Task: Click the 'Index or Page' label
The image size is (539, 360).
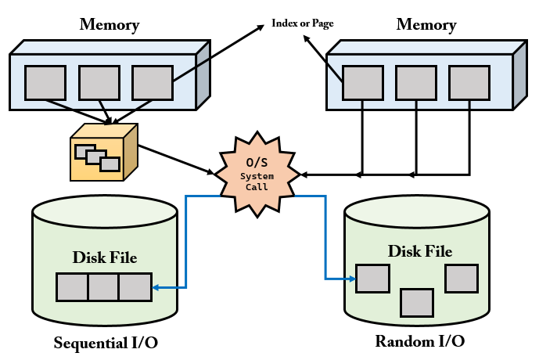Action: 303,23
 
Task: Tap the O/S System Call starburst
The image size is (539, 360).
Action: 257,175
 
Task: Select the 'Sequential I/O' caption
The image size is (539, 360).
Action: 106,343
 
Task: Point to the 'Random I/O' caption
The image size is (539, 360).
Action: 420,341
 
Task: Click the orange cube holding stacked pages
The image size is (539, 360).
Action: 104,152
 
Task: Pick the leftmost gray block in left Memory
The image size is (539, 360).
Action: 45,83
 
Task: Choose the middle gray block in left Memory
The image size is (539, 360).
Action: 99,83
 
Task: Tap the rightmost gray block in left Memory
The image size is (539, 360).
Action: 153,83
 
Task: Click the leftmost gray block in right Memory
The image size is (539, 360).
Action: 363,83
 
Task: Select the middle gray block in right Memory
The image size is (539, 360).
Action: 416,83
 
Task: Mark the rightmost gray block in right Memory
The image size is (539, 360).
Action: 469,83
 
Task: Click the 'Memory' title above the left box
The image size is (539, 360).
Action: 110,25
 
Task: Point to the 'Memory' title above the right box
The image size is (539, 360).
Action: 426,25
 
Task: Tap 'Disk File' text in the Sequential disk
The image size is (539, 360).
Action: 105,257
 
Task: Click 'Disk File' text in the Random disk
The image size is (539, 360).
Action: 420,251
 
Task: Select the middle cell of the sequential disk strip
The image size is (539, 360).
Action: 104,287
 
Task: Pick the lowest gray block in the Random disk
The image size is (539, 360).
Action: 417,303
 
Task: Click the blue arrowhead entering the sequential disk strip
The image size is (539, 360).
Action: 156,287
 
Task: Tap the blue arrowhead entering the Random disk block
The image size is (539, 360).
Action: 352,279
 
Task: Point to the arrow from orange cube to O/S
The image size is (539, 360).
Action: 176,160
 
